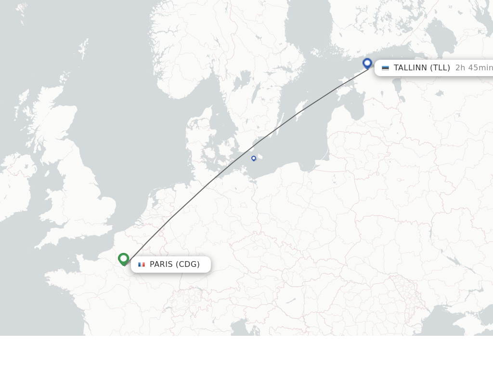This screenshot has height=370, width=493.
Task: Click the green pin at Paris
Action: coord(124,259)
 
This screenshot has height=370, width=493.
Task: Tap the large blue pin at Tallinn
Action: coord(367,63)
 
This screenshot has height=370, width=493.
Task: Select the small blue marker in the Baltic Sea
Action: coord(254,158)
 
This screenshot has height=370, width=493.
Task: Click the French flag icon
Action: coord(142,264)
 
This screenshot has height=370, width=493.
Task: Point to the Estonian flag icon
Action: coord(385,68)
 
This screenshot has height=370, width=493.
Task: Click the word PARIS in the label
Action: coord(161,264)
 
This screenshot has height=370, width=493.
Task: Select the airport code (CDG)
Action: coord(188,264)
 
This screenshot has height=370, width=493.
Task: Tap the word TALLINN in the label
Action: coord(410,68)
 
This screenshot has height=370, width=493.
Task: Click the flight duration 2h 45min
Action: coord(474,68)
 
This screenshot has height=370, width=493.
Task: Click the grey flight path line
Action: coord(193,198)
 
